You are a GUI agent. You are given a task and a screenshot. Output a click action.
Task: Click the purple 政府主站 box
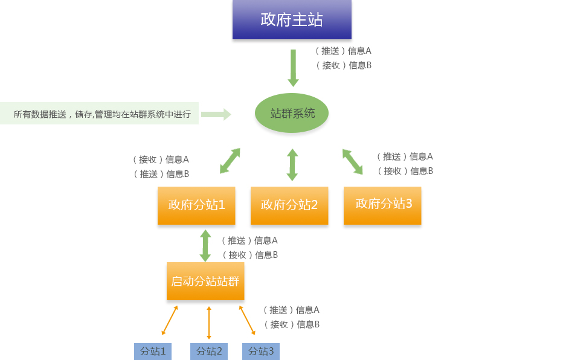(292, 20)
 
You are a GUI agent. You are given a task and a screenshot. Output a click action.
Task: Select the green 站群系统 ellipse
(292, 113)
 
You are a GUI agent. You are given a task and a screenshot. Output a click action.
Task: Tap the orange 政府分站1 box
(196, 205)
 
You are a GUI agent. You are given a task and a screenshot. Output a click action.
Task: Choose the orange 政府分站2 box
(289, 205)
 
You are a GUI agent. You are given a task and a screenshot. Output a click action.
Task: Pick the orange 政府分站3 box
(382, 205)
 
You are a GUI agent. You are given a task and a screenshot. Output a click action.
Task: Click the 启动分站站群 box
(205, 281)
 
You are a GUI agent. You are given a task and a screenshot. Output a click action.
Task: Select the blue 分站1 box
(153, 351)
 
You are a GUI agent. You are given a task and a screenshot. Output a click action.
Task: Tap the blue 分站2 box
(209, 351)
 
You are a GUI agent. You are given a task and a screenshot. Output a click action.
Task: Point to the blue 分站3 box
(261, 351)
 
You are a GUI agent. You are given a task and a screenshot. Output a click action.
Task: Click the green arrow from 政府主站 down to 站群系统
(293, 68)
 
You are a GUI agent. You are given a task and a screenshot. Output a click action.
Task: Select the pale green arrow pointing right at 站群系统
(216, 114)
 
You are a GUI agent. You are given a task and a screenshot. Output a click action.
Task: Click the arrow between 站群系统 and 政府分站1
(230, 161)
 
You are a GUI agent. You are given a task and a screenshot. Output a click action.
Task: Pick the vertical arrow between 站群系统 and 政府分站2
(292, 165)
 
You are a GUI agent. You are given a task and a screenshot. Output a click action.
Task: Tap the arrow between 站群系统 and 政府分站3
(353, 162)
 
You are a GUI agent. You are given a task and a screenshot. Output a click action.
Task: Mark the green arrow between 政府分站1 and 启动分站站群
(205, 245)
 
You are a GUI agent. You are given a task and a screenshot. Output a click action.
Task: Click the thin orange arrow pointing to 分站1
(170, 320)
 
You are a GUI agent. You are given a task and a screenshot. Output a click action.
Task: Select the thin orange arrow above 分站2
(209, 323)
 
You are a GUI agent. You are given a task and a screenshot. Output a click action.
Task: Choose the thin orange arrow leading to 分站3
(247, 320)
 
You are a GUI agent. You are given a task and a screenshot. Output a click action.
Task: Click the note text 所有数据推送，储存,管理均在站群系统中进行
(102, 114)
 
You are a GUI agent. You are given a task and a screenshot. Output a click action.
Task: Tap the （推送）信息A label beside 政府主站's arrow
(343, 51)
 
